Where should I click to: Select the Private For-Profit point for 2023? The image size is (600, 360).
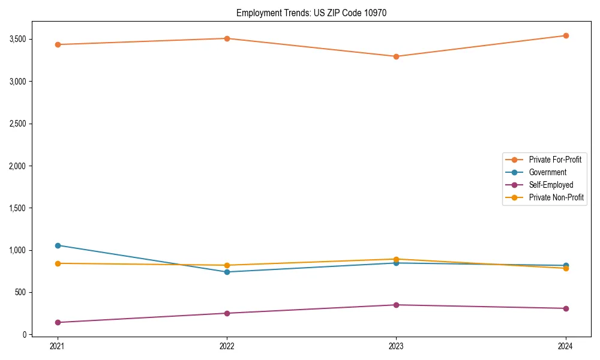click(x=396, y=56)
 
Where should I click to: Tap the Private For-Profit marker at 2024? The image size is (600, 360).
click(x=566, y=35)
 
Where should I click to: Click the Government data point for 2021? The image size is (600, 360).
click(x=58, y=245)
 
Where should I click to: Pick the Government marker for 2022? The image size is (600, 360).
click(x=227, y=272)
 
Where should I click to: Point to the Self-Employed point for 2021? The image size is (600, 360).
click(x=58, y=322)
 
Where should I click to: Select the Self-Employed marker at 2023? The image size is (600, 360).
click(x=396, y=305)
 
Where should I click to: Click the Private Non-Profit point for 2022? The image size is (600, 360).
click(x=227, y=265)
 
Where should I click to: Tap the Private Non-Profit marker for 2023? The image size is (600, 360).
click(x=396, y=259)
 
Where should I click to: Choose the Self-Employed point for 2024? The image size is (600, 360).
click(x=566, y=308)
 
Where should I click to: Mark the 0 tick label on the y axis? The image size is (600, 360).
click(x=25, y=335)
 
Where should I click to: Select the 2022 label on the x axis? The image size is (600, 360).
click(x=227, y=346)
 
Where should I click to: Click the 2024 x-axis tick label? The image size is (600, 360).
click(x=566, y=346)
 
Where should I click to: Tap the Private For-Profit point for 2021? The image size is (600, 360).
click(x=58, y=44)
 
